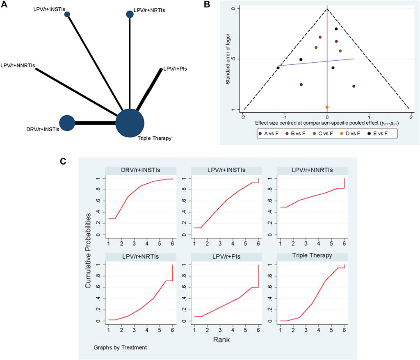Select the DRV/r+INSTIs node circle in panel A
pyautogui.click(x=67, y=123)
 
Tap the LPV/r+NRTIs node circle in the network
pyautogui.click(x=130, y=14)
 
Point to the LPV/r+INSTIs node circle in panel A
pyautogui.click(x=67, y=14)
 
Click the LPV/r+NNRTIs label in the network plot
pyautogui.click(x=18, y=65)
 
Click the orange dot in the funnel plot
pyautogui.click(x=327, y=107)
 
